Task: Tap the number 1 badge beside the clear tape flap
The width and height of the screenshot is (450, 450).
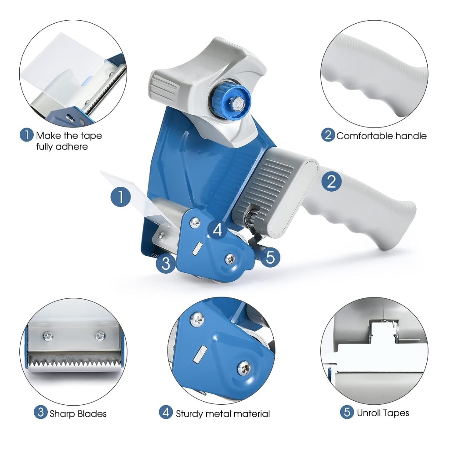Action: click(x=121, y=197)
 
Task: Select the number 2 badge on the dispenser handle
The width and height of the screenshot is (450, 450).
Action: click(x=331, y=181)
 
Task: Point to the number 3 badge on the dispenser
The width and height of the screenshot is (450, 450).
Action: click(x=166, y=263)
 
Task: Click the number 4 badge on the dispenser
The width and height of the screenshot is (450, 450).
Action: click(x=218, y=229)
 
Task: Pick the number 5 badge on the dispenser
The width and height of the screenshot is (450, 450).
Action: click(x=270, y=257)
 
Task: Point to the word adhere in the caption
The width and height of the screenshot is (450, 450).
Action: click(x=72, y=147)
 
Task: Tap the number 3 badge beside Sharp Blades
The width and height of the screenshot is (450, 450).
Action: click(x=40, y=413)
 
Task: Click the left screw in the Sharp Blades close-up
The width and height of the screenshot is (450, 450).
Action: click(x=48, y=336)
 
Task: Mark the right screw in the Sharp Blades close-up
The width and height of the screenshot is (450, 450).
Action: click(x=100, y=335)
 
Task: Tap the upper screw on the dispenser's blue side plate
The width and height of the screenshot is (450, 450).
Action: click(x=196, y=222)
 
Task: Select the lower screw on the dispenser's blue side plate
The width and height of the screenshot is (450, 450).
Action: click(x=230, y=259)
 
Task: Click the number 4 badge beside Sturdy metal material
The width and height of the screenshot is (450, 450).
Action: click(x=166, y=412)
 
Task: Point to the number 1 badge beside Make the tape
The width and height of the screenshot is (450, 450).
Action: click(x=26, y=134)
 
